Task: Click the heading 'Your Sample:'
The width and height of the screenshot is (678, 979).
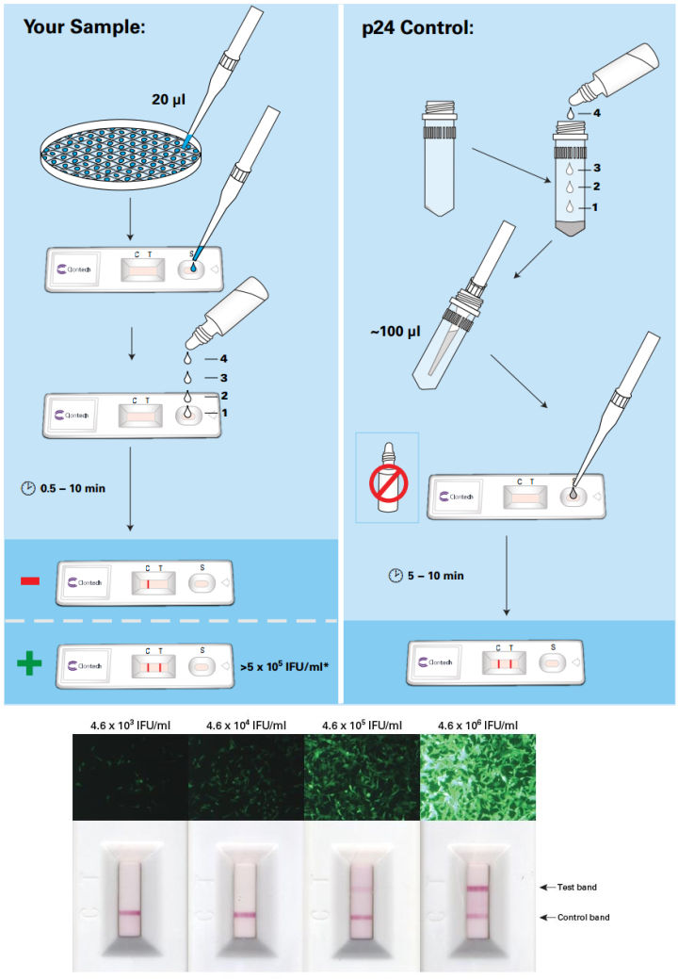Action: pyautogui.click(x=84, y=27)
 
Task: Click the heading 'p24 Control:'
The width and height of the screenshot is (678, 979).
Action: pyautogui.click(x=418, y=27)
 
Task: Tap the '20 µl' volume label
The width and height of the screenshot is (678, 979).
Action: pyautogui.click(x=171, y=97)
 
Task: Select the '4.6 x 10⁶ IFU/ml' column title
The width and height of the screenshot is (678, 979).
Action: pyautogui.click(x=477, y=725)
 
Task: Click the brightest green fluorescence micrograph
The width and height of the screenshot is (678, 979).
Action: pyautogui.click(x=477, y=777)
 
